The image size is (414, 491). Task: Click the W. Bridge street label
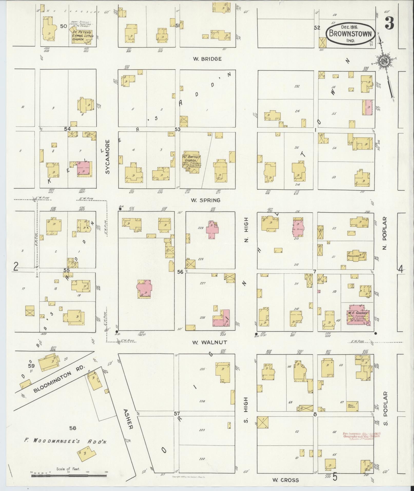tap(207, 59)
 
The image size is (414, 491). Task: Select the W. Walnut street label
tap(210, 342)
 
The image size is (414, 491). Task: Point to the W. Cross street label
tap(285, 480)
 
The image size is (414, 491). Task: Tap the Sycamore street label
tap(108, 157)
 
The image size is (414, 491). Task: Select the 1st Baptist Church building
tap(191, 162)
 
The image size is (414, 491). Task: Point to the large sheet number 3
tap(389, 24)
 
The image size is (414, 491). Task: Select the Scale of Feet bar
tap(69, 476)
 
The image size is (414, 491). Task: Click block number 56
tap(180, 272)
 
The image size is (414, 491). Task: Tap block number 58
tap(73, 428)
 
